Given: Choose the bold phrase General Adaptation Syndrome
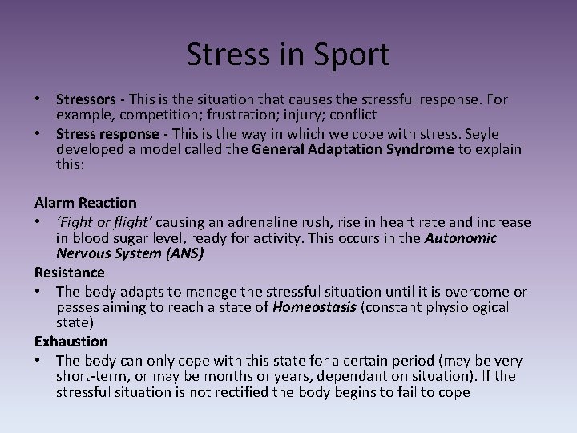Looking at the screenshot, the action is point(353,149).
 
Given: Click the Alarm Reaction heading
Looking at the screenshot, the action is point(86,203).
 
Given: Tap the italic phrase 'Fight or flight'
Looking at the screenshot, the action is point(101,222).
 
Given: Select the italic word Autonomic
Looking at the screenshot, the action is point(461,238).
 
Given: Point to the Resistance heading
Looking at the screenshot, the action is point(70,273).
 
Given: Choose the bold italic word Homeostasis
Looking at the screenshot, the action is point(314,308).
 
